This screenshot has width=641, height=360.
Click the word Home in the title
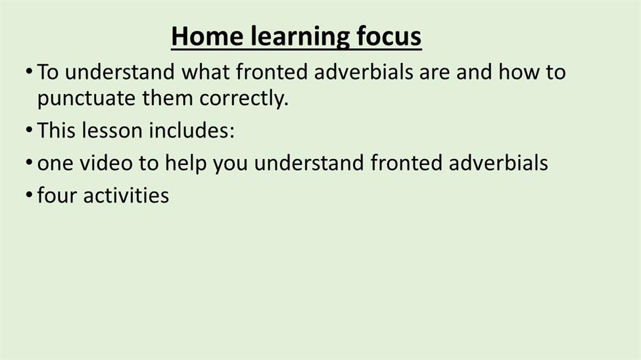pyautogui.click(x=207, y=36)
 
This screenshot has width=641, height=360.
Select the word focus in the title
pyautogui.click(x=389, y=36)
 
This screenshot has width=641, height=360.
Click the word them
pyautogui.click(x=168, y=98)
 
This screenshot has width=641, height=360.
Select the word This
pyautogui.click(x=57, y=130)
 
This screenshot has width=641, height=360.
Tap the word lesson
pyautogui.click(x=112, y=130)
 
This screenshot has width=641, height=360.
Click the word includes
pyautogui.click(x=189, y=130)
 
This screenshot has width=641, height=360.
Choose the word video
pyautogui.click(x=107, y=163)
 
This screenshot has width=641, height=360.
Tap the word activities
pyautogui.click(x=126, y=195)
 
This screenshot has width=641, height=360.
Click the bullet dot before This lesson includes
pyautogui.click(x=29, y=130)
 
